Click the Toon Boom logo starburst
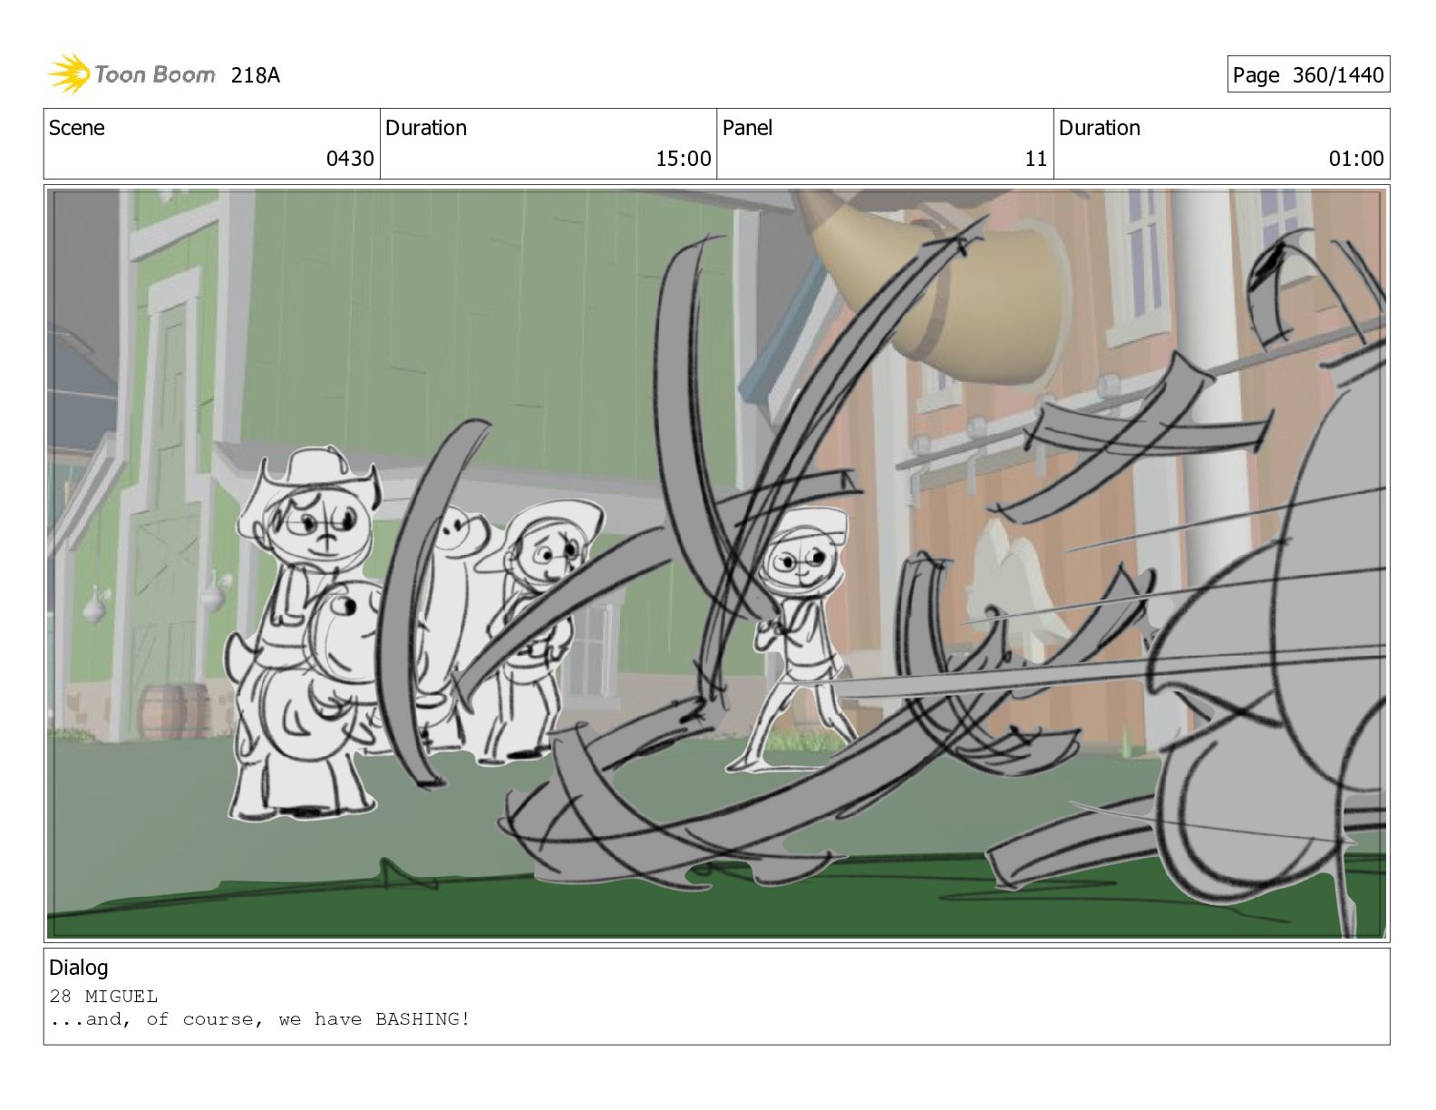coord(69,73)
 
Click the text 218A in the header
coord(255,75)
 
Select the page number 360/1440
coord(1337,75)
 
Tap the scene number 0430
coord(350,159)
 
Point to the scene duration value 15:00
coord(683,159)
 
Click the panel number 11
coord(1035,159)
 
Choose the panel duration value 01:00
coord(1356,159)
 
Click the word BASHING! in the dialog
coord(423,1018)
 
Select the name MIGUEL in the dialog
coord(121,996)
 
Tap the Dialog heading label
coord(79,968)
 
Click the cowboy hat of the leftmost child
coord(311,482)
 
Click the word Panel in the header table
coord(747,128)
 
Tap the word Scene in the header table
coord(77,128)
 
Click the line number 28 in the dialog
coord(60,996)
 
